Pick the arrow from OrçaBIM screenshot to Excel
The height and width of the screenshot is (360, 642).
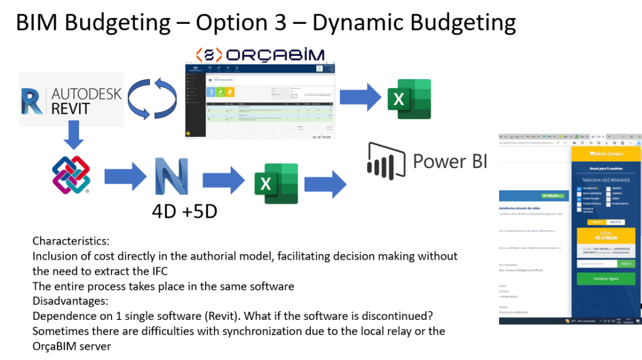click(x=360, y=98)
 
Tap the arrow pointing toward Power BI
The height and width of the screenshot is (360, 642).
click(x=325, y=184)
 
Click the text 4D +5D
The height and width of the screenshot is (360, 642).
click(x=184, y=211)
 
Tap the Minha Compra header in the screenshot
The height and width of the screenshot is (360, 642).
click(x=606, y=153)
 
